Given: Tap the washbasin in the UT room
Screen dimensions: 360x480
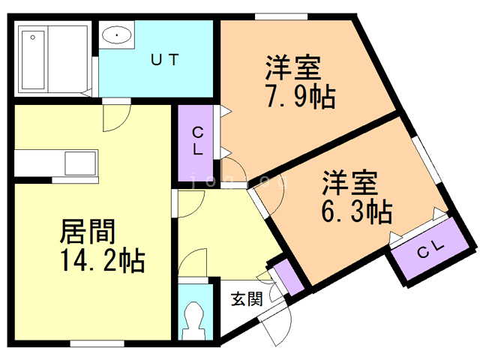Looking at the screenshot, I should coord(116,34).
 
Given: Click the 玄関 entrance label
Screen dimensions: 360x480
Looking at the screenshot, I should coord(246,299).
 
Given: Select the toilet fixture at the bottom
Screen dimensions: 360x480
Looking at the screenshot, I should coord(196,320).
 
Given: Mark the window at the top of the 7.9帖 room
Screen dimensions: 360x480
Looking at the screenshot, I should coord(280,16).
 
